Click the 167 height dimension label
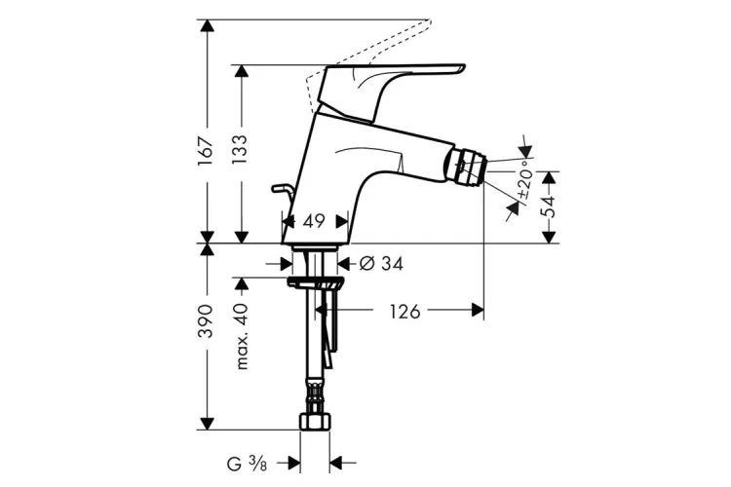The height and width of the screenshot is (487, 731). [x=206, y=150]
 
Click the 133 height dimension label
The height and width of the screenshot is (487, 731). [x=239, y=150]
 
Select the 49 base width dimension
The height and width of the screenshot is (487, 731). [x=313, y=221]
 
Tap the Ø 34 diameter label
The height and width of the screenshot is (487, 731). [x=381, y=264]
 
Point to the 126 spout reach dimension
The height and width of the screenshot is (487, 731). [x=404, y=312]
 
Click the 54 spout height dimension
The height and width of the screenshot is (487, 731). [x=550, y=206]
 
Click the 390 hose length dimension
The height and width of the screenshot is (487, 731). [x=206, y=321]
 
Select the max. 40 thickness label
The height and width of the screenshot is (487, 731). [x=242, y=336]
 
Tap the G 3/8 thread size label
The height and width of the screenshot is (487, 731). [x=247, y=464]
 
